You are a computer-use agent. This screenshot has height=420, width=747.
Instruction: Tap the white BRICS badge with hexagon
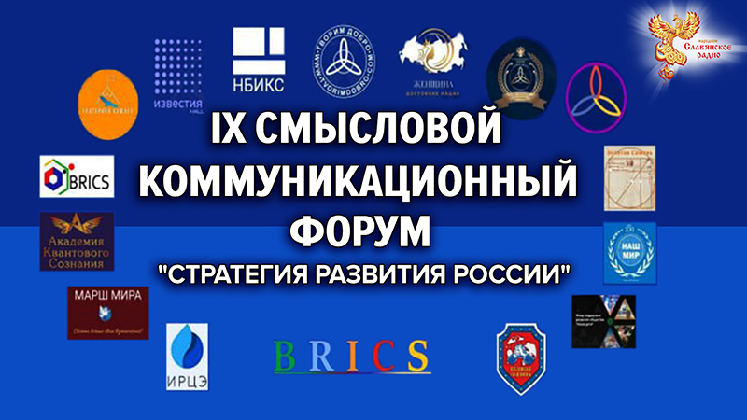77,177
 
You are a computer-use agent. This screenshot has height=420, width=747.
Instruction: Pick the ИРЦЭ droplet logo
187,354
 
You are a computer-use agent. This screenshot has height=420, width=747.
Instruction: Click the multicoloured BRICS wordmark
353,356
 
